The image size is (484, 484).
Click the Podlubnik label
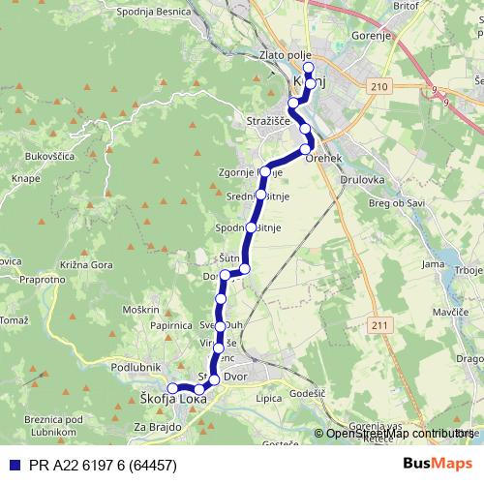135,368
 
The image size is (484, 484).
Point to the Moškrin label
140,309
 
